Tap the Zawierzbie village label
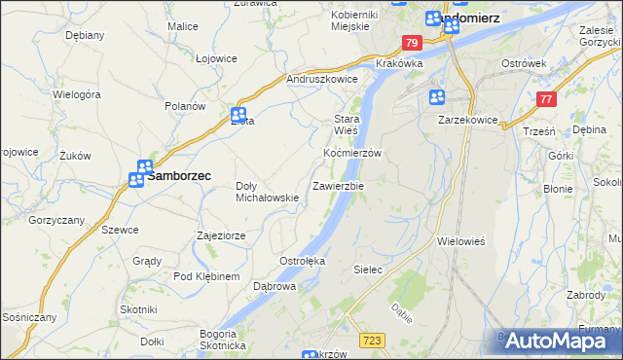tap(338, 185)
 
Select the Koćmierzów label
tap(351, 154)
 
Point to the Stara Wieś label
tap(347, 123)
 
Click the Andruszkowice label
tap(322, 80)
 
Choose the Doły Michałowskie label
tap(268, 192)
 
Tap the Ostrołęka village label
tap(303, 262)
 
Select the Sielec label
tap(367, 268)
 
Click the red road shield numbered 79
tap(412, 43)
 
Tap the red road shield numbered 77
tap(546, 99)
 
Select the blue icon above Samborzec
tap(144, 167)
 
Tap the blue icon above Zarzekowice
tap(436, 96)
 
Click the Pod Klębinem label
tap(206, 277)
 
